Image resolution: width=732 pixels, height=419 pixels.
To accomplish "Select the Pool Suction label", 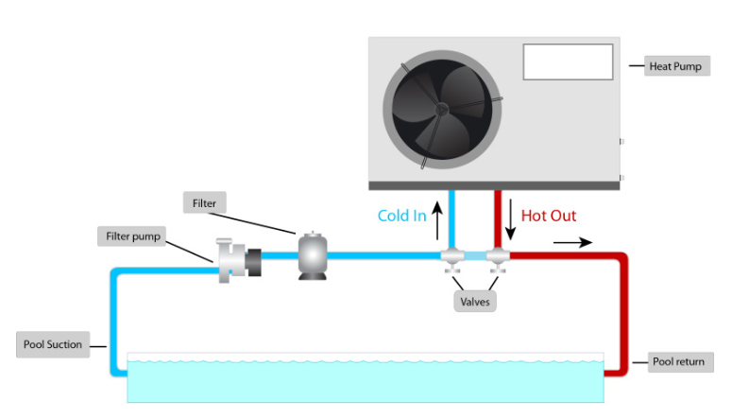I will coord(53,344).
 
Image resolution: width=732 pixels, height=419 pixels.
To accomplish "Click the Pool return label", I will coord(678,362).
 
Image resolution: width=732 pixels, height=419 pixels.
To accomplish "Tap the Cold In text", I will coord(401,216).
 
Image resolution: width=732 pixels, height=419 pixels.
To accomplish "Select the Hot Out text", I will coord(549,216).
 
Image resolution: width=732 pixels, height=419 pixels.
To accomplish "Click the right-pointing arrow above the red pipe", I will coord(573,242).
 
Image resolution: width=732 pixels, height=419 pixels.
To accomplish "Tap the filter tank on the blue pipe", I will coord(311,253).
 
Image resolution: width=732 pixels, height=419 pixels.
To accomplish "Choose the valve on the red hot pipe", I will coord(497,256).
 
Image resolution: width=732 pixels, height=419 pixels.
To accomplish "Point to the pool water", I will coord(365,381).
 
